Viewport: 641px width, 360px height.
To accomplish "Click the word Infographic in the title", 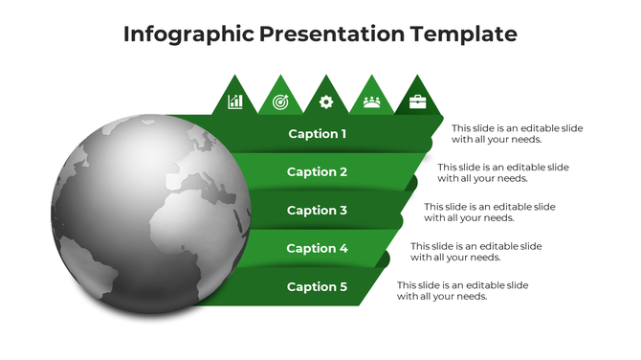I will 188,34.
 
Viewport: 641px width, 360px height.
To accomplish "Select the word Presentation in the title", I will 331,34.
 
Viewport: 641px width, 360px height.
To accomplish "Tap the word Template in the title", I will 464,34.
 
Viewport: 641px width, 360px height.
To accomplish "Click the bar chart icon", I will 235,101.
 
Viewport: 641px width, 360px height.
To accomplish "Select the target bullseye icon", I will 280,101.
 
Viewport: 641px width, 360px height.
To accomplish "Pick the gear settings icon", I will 326,101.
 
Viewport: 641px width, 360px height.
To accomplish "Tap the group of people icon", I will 371,101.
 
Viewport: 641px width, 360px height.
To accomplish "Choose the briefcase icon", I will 417,101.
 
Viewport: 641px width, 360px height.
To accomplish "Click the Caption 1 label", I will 318,134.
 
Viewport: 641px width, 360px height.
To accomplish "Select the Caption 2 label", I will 318,172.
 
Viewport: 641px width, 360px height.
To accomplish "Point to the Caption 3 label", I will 318,211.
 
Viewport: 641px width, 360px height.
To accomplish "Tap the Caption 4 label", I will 318,249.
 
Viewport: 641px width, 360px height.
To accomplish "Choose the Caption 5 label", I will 318,287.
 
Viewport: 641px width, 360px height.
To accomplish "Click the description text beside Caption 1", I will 517,134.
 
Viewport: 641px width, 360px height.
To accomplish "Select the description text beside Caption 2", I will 503,172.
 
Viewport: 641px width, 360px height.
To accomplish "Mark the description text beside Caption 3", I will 490,212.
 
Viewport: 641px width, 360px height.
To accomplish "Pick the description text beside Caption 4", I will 476,251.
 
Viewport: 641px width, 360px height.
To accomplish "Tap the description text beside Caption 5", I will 462,290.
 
